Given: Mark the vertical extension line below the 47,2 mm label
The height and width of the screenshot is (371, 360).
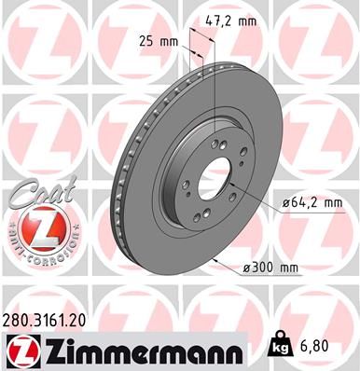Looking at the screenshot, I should (215, 84).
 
